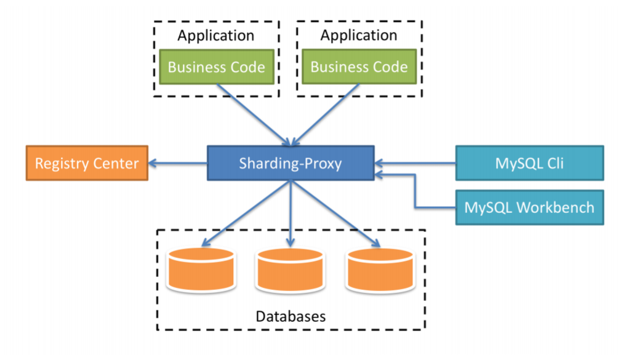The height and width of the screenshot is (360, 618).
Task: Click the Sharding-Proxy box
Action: (291, 163)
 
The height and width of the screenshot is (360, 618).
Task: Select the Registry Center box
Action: (87, 163)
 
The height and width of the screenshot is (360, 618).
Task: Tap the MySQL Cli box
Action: (529, 163)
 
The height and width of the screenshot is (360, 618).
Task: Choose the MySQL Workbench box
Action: (529, 207)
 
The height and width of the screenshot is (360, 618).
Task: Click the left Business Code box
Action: (216, 67)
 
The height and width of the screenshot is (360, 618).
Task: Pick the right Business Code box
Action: (359, 67)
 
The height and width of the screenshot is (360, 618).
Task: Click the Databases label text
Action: (290, 317)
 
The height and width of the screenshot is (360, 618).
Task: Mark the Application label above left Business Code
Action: (215, 36)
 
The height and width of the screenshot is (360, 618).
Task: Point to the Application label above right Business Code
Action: (358, 36)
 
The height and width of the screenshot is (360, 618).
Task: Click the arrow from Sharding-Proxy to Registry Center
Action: (179, 163)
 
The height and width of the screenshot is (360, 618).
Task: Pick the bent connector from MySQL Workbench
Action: (416, 191)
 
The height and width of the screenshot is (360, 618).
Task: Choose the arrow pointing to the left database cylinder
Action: (246, 212)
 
